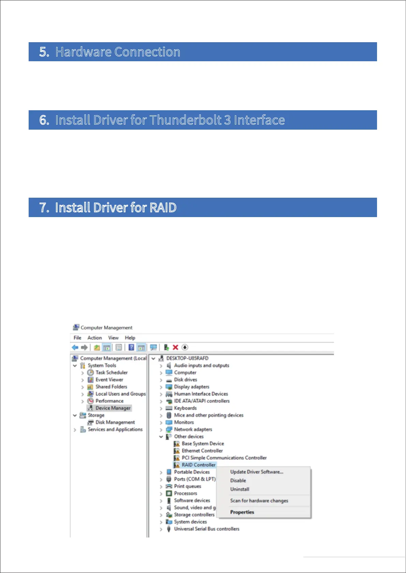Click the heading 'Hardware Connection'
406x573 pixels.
pyautogui.click(x=118, y=52)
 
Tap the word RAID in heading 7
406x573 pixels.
pyautogui.click(x=163, y=208)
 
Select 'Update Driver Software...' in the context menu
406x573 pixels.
pyautogui.click(x=256, y=472)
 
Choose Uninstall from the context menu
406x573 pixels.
pyautogui.click(x=240, y=489)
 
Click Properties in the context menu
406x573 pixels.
pyautogui.click(x=242, y=512)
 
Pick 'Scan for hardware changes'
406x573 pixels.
pyautogui.click(x=259, y=501)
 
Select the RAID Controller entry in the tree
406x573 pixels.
pyautogui.click(x=198, y=465)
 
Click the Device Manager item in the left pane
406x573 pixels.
pyautogui.click(x=113, y=408)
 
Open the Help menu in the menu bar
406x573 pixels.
pyautogui.click(x=130, y=338)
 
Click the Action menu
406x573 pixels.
pyautogui.click(x=94, y=338)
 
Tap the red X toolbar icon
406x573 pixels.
pyautogui.click(x=176, y=347)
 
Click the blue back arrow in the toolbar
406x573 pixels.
pyautogui.click(x=75, y=347)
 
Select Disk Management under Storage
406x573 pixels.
pyautogui.click(x=115, y=422)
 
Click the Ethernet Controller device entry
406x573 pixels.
pyautogui.click(x=202, y=451)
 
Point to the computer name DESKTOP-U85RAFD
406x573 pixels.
pyautogui.click(x=187, y=358)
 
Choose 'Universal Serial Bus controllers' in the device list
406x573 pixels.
pyautogui.click(x=207, y=529)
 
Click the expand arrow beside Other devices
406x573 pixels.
pyautogui.click(x=161, y=437)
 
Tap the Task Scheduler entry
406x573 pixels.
pyautogui.click(x=111, y=373)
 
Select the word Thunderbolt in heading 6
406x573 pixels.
pyautogui.click(x=185, y=120)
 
